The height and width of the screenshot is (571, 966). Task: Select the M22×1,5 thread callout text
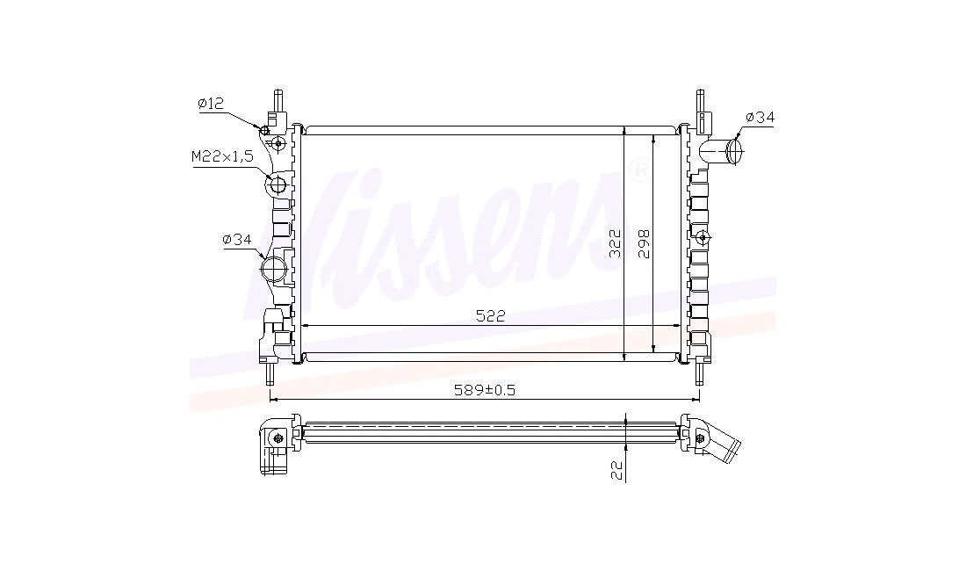[222, 157]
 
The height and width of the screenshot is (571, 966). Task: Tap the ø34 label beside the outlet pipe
[759, 117]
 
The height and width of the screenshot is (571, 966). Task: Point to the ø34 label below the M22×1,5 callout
[237, 239]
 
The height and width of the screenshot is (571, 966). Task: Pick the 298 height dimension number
[644, 244]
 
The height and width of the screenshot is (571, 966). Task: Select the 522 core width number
[490, 316]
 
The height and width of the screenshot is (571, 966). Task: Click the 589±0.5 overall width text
[484, 390]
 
